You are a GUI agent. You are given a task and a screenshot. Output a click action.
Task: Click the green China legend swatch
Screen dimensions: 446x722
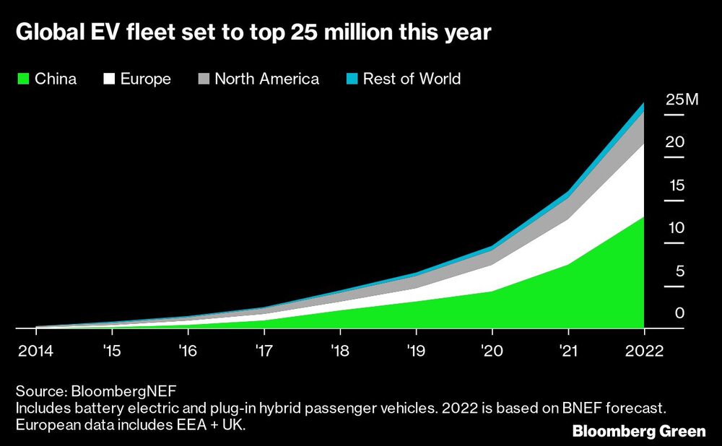tap(23, 79)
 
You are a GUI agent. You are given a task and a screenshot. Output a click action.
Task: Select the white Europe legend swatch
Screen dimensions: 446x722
tap(111, 79)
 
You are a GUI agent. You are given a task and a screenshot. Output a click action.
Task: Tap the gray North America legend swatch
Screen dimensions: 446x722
tap(203, 79)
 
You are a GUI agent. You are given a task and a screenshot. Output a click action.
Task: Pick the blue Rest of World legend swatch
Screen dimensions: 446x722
tap(351, 79)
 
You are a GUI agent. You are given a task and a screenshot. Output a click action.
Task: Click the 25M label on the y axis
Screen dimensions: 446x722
tap(682, 100)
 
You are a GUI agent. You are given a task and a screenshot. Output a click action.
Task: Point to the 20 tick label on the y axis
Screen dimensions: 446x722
tap(674, 142)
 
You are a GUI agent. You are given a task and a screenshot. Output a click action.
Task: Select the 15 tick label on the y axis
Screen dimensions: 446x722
tap(674, 185)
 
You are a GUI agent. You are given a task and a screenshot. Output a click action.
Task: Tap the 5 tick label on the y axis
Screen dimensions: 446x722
tap(679, 271)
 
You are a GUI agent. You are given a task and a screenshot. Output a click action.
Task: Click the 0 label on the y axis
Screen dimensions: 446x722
tap(679, 314)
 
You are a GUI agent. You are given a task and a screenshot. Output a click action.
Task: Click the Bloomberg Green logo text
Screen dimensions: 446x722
tap(639, 432)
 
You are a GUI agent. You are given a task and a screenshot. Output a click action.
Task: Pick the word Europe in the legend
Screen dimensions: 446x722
tap(146, 79)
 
